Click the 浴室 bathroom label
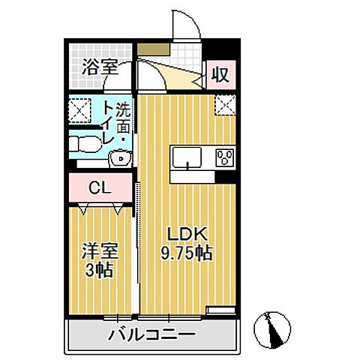click(100, 67)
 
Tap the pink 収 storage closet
click(221, 74)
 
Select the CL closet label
click(100, 187)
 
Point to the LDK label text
click(187, 234)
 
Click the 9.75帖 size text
click(187, 253)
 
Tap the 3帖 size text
click(99, 270)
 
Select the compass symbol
click(272, 330)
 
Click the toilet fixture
click(84, 144)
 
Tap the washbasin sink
click(120, 158)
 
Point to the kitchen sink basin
click(187, 157)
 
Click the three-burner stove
click(225, 157)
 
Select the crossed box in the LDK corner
click(225, 105)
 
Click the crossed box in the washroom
click(79, 110)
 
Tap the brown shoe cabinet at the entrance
click(154, 49)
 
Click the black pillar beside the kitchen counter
click(226, 177)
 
